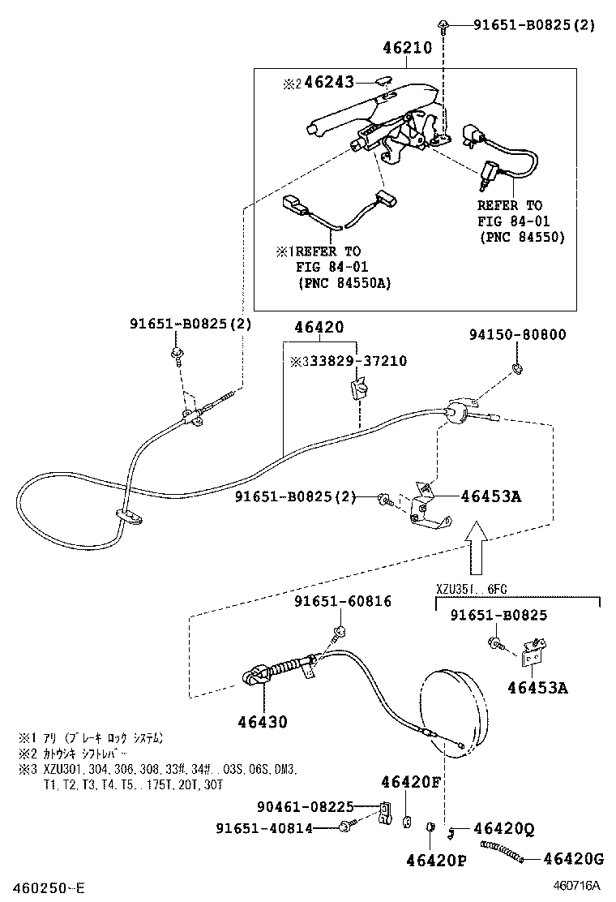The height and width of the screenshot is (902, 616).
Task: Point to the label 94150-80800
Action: coord(518,334)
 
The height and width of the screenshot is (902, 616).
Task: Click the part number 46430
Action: coord(262,721)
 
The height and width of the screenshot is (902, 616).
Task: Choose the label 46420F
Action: coord(411,781)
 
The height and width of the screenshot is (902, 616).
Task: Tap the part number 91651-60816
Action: coord(342,601)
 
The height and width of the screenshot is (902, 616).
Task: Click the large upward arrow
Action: coord(476,548)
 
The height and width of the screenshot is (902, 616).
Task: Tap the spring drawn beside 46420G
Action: coord(504,851)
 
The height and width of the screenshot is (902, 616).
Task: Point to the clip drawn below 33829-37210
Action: coord(357,387)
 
